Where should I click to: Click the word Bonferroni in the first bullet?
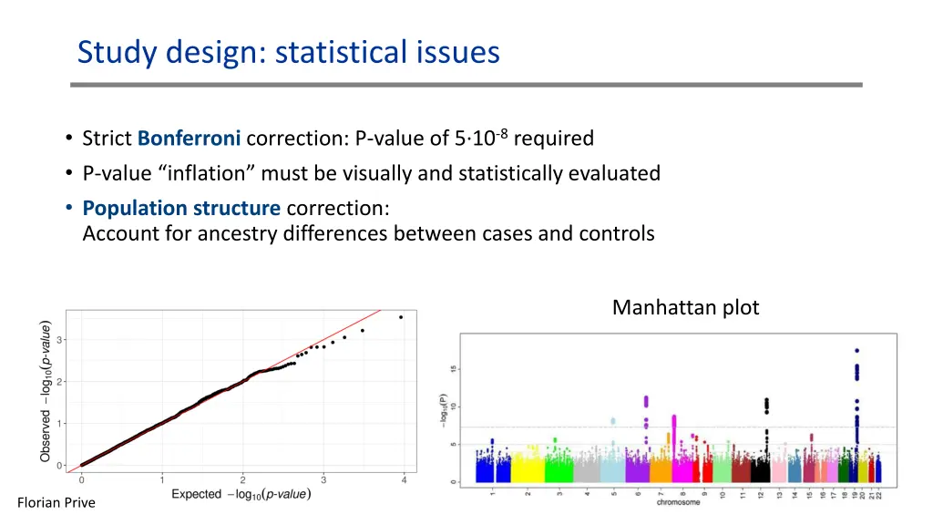click(x=190, y=139)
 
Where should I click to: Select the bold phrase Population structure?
click(x=181, y=208)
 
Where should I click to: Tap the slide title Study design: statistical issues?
click(x=288, y=52)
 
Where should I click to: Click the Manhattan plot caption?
click(x=685, y=307)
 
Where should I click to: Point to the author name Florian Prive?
click(x=56, y=502)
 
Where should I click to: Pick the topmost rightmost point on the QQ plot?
click(x=401, y=317)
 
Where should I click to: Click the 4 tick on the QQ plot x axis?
click(x=404, y=479)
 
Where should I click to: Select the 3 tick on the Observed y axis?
click(x=61, y=340)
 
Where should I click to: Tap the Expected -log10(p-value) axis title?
click(x=241, y=494)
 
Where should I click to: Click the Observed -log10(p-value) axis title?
click(x=46, y=390)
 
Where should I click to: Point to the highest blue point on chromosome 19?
click(x=856, y=351)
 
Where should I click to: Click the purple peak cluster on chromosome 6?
click(x=646, y=401)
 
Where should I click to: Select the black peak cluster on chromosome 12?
click(x=766, y=405)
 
